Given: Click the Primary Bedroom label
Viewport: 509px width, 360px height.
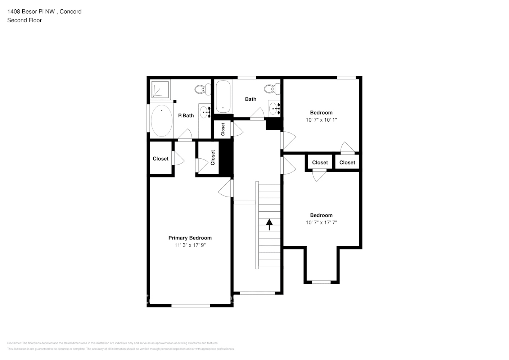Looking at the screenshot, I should tap(190, 238).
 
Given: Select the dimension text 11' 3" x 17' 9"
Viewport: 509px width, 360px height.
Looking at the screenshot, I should tap(190, 245).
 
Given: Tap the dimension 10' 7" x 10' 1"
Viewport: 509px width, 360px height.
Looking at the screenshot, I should tap(321, 120).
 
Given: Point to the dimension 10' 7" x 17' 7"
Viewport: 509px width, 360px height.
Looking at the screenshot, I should tap(321, 222).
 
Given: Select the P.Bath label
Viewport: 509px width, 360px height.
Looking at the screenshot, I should tap(186, 116).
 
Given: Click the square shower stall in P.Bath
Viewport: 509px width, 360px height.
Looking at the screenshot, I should tap(160, 89).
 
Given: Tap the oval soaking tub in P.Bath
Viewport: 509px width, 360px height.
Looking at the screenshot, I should tap(161, 121).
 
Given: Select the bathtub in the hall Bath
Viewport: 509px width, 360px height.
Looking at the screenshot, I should tap(223, 96).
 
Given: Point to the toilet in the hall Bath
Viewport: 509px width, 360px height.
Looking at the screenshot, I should tap(272, 89).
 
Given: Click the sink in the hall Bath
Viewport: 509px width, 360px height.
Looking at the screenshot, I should tap(274, 108).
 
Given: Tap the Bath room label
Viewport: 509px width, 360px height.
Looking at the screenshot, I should tap(251, 99).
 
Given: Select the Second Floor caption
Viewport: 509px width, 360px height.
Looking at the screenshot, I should tap(24, 20).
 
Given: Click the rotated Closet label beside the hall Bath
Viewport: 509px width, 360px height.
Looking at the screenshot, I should tap(223, 129).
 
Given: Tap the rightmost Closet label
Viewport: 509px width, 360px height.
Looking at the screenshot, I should tap(347, 162).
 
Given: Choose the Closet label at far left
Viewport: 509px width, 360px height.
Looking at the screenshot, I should tap(161, 159).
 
